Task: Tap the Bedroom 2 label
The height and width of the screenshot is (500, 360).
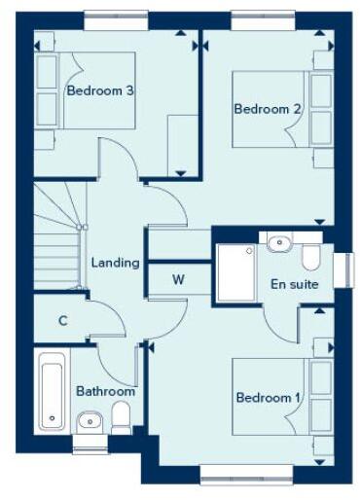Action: [268, 109]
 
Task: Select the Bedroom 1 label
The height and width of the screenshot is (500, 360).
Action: [268, 398]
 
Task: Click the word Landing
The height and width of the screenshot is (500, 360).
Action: [114, 263]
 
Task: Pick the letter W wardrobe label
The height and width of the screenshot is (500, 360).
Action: [178, 280]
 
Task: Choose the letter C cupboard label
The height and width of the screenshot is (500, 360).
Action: [62, 320]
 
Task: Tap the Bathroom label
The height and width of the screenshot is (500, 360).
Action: [105, 391]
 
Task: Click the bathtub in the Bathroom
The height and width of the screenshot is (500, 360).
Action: [51, 385]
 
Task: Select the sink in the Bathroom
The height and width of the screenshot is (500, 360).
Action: [88, 420]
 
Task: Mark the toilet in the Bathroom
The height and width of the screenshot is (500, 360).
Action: [122, 418]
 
